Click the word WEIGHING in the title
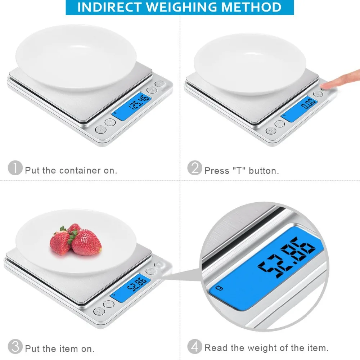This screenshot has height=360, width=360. coord(181,7)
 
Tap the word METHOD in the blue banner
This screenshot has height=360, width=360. coord(251,7)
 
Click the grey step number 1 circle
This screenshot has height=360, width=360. coord(15,168)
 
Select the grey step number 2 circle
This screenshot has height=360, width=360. coord(195,168)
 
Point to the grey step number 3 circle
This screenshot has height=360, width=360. coord(15,346)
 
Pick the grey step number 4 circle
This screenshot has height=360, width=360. coord(195,346)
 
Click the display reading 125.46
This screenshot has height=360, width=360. coord(139,102)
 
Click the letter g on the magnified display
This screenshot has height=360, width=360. coord(220,288)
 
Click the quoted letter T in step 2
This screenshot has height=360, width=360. coord(239,171)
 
